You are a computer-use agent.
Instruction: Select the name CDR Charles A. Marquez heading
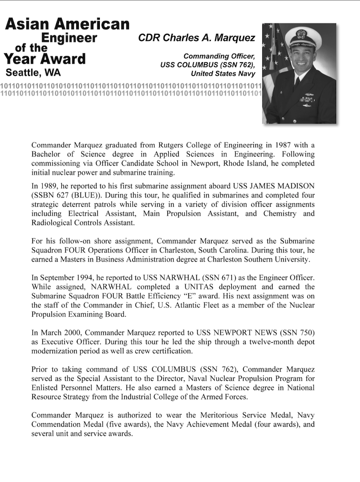197,38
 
